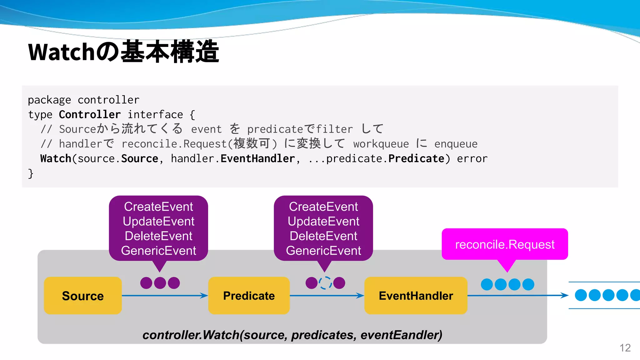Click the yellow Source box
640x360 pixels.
tap(83, 296)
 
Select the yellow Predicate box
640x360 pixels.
tap(249, 296)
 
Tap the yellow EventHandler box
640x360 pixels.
tap(416, 296)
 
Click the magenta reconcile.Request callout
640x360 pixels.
tap(505, 244)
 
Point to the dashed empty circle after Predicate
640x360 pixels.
tap(325, 283)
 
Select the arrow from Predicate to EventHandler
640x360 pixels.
tap(327, 296)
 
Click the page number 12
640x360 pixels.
tap(625, 348)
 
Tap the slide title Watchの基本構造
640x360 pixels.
tap(123, 52)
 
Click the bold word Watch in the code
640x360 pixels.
tap(56, 159)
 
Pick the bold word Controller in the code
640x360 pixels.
tap(90, 115)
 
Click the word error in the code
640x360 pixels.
tap(472, 159)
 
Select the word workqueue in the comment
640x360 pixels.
tap(381, 144)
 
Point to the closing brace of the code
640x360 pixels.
tap(31, 173)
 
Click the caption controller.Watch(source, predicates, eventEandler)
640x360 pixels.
tap(292, 335)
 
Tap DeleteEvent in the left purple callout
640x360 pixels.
tap(158, 236)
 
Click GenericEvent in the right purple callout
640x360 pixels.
tap(323, 251)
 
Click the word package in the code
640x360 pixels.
tap(49, 100)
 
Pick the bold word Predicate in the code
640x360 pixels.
tap(416, 159)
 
